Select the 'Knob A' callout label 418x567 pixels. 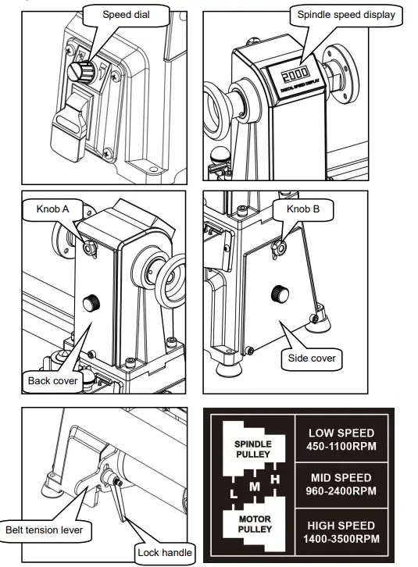click(53, 209)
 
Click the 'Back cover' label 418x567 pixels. click(53, 380)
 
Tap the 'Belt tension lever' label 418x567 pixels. click(45, 530)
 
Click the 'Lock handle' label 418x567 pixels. click(163, 552)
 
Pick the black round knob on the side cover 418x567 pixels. click(277, 294)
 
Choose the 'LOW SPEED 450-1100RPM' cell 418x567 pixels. click(341, 439)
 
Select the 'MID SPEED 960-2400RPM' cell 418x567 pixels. click(341, 484)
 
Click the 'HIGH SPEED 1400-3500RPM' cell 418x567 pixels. click(341, 531)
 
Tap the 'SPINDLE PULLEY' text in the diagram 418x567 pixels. click(252, 448)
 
